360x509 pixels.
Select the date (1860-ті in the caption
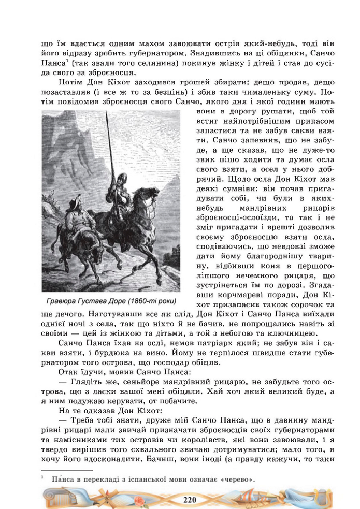[149, 301]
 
